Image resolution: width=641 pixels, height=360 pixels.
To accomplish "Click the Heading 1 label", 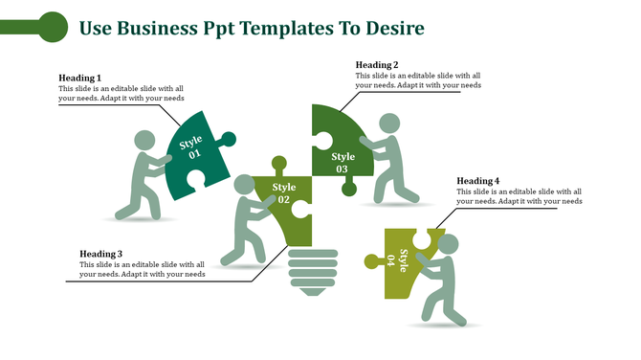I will (79, 78).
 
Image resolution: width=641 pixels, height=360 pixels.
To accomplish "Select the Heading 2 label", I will (377, 65).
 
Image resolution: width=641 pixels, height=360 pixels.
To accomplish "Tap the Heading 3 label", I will (101, 254).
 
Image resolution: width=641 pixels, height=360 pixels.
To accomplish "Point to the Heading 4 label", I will (478, 181).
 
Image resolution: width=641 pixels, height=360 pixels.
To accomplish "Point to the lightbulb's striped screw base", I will (313, 271).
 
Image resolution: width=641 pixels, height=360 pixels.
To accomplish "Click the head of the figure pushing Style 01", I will (144, 140).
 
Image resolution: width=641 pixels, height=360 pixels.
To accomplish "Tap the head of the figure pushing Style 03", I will (389, 124).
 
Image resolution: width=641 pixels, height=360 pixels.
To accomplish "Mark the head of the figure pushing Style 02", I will (245, 184).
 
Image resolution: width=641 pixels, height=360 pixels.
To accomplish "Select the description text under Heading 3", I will (143, 269).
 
